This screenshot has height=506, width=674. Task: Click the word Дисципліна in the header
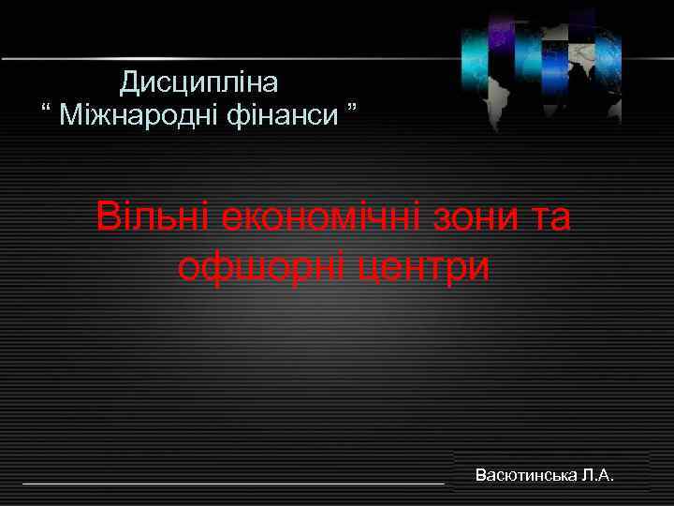[x=199, y=83]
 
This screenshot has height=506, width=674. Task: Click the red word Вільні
[x=154, y=219]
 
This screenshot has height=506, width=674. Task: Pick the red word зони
[x=488, y=219]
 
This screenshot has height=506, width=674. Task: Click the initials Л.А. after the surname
[x=597, y=475]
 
